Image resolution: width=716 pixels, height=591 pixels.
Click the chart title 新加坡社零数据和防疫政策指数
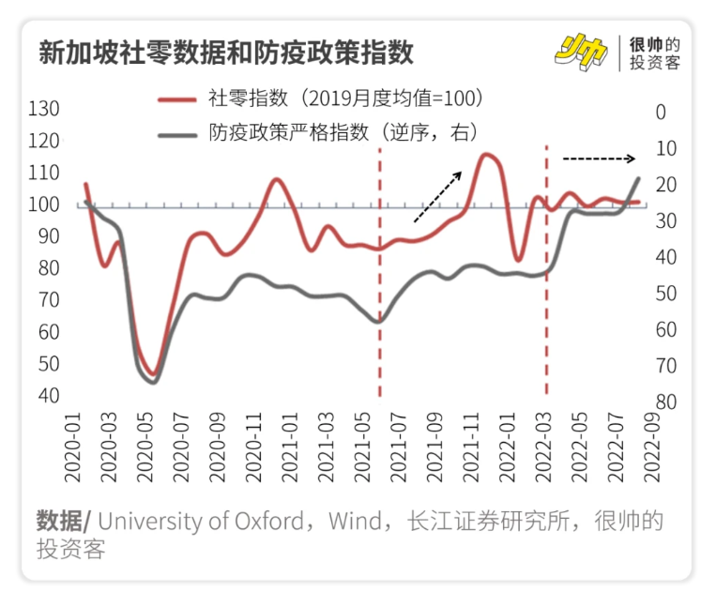point(225,51)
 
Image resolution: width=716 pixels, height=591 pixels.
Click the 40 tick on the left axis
point(49,395)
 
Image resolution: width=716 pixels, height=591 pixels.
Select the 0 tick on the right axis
point(661,112)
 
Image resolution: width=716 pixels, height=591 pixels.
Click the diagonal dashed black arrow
point(437,196)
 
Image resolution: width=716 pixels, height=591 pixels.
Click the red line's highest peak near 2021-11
point(487,155)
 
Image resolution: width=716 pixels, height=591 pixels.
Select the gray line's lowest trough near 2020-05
point(153,381)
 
